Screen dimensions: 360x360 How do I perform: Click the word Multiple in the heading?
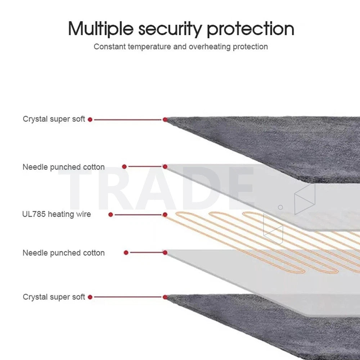click(101, 29)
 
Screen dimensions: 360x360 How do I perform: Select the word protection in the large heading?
click(251, 29)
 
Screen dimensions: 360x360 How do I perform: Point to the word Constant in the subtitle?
click(110, 46)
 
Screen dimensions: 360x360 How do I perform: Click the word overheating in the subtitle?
click(210, 46)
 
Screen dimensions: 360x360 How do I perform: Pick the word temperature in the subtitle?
click(149, 47)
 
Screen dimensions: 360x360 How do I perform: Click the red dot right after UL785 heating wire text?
click(111, 215)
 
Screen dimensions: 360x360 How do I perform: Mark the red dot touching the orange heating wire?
click(165, 215)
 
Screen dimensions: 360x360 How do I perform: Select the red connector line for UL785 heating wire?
click(138, 215)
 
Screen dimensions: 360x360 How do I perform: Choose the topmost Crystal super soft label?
click(54, 119)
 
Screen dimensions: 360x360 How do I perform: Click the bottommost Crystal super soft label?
click(54, 297)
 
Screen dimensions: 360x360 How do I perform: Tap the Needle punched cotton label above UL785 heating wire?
click(64, 167)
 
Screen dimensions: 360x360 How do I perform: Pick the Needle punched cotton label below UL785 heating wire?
click(64, 253)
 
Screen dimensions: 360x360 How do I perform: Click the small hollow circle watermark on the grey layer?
click(280, 207)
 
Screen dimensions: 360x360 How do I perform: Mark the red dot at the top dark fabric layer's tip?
click(165, 120)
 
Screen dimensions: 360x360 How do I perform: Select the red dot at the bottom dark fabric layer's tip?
click(165, 297)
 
